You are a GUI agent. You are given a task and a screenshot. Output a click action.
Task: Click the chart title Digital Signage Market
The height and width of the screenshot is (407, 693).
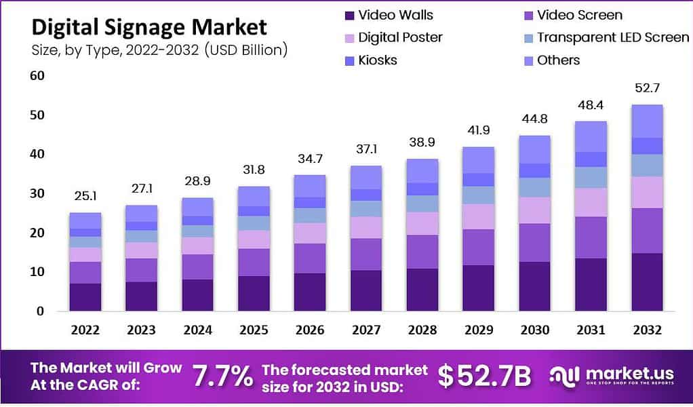[149, 26]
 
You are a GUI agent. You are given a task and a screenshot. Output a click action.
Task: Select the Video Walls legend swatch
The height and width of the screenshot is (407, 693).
[349, 15]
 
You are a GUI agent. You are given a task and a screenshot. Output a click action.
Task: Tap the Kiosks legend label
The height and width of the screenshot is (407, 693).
[378, 60]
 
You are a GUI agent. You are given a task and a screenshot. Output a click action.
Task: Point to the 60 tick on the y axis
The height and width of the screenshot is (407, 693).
[37, 75]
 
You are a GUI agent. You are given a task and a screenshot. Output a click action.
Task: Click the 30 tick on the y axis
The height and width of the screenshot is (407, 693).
[37, 193]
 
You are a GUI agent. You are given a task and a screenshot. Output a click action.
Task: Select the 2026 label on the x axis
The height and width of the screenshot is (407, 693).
[309, 330]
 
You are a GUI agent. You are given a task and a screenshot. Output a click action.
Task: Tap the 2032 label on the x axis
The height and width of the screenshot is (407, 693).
[647, 330]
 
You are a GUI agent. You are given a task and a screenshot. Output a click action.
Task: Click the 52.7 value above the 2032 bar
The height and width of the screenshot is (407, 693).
[647, 90]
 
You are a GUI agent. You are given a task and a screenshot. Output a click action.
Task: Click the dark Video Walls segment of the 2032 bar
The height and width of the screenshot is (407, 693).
[647, 282]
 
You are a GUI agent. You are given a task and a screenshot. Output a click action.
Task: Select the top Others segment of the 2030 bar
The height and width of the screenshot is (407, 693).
[534, 149]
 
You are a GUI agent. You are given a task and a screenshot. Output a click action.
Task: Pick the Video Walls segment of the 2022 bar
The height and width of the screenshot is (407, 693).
[85, 297]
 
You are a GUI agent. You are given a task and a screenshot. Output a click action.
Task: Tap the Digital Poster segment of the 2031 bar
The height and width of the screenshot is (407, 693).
[591, 202]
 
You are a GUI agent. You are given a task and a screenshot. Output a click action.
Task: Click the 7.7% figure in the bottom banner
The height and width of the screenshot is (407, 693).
[223, 376]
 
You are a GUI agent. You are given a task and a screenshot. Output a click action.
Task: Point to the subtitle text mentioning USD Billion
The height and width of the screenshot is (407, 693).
[159, 50]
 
